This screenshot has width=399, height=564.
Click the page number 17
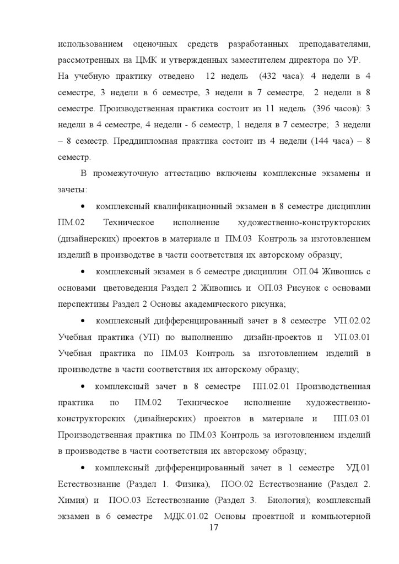click(215, 528)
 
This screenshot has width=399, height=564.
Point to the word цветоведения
click(134, 288)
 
